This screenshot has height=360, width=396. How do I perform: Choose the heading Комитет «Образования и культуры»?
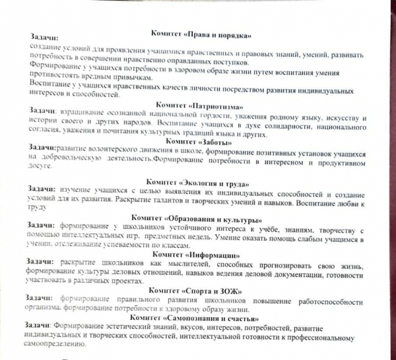pyautogui.click(x=198, y=218)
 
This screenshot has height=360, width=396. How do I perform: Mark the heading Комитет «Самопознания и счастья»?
pyautogui.click(x=198, y=318)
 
